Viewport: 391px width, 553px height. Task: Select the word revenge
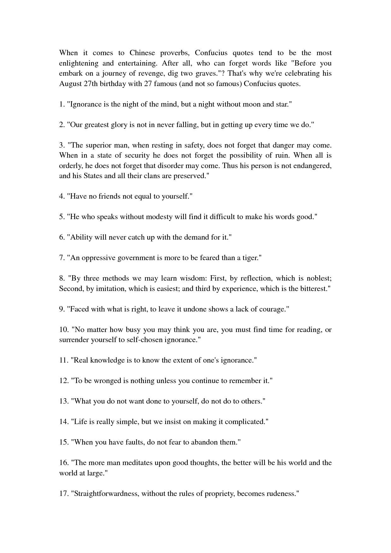pos(140,73)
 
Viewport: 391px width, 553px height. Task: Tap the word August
pos(70,84)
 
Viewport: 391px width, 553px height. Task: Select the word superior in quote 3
pos(98,145)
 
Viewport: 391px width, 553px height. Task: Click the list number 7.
pos(62,258)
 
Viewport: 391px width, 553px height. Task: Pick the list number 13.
pos(64,401)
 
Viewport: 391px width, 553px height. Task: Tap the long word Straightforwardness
pos(106,494)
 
